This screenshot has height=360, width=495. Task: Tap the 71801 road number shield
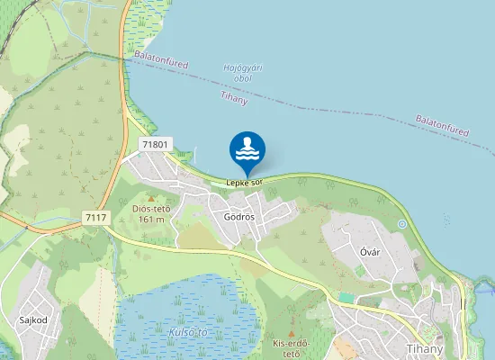tap(155, 145)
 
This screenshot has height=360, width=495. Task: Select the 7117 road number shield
tap(94, 218)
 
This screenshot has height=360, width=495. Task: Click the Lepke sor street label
tap(244, 184)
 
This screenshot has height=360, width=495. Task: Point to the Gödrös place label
tap(239, 218)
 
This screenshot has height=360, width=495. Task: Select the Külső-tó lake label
tap(188, 332)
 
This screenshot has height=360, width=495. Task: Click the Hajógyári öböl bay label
tap(243, 73)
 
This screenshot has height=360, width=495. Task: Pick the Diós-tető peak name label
tap(151, 209)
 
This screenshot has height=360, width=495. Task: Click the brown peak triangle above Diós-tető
tap(151, 198)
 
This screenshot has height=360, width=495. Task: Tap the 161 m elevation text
tap(151, 220)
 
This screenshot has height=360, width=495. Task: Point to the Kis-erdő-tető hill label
tap(292, 347)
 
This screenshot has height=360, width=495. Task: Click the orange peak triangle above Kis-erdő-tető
tap(291, 321)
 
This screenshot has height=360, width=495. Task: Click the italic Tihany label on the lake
tap(233, 98)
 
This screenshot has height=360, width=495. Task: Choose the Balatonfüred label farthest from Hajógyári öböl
tap(442, 126)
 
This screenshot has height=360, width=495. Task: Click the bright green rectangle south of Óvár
tap(346, 296)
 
